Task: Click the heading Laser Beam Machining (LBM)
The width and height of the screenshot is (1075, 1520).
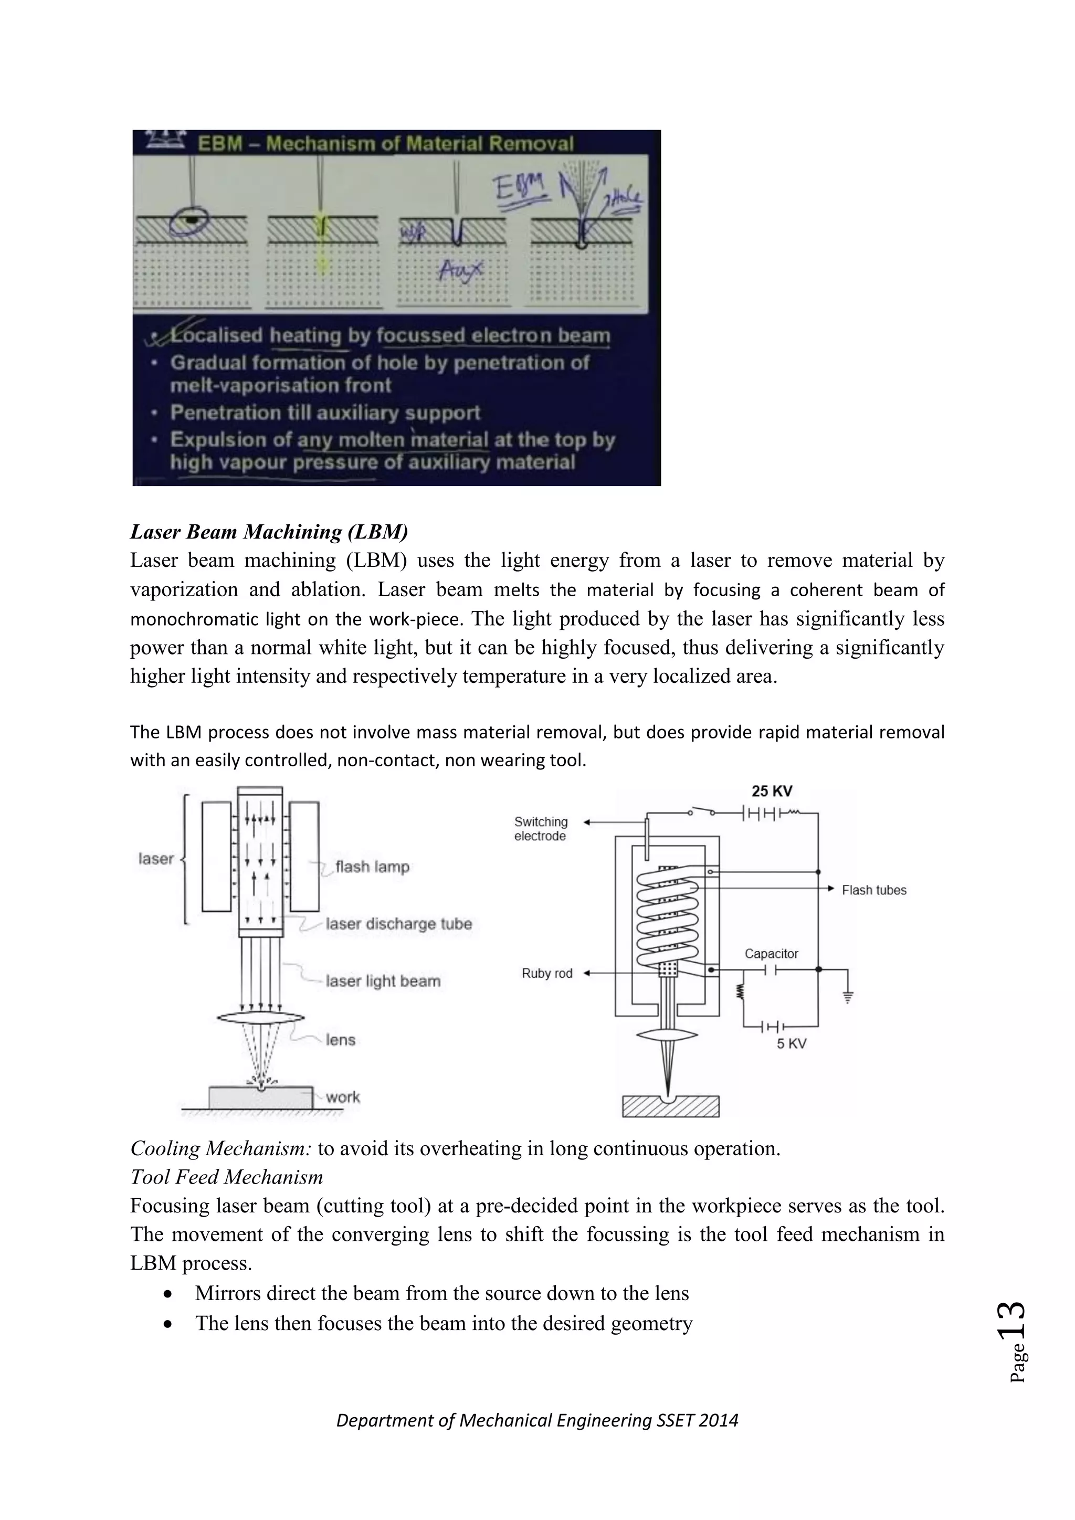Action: (x=269, y=532)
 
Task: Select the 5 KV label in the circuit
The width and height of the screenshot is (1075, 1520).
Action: (x=791, y=1044)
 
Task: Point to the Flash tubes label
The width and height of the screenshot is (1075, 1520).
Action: (x=874, y=890)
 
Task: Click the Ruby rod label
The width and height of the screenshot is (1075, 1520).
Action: (x=547, y=973)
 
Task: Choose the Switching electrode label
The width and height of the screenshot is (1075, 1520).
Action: (x=541, y=829)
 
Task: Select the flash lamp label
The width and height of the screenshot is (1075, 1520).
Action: (x=372, y=867)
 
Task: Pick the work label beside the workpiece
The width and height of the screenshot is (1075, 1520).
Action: (x=342, y=1097)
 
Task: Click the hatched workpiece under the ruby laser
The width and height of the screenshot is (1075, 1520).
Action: (x=670, y=1107)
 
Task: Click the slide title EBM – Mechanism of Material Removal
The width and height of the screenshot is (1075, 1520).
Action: (x=386, y=144)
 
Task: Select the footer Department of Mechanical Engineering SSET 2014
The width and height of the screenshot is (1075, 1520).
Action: (x=537, y=1420)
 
